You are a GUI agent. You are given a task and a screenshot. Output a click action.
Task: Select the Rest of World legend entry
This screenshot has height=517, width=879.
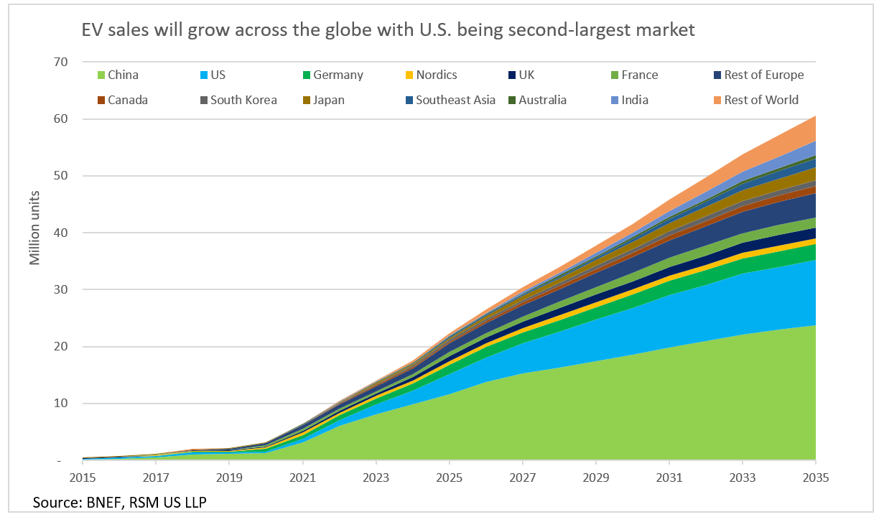[x=760, y=100]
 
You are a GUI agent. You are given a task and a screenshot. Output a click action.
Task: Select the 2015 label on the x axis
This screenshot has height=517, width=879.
[x=83, y=478]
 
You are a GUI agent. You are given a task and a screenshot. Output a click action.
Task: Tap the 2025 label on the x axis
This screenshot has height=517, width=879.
[x=449, y=478]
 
